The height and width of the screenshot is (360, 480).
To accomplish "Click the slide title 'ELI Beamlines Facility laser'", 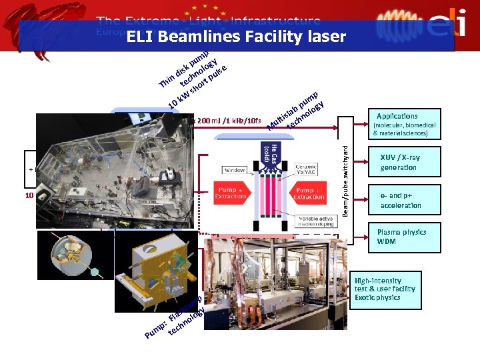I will (237, 37).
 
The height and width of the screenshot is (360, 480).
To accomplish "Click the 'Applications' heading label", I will (397, 116).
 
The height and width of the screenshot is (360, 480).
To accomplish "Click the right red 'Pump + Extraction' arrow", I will (309, 192).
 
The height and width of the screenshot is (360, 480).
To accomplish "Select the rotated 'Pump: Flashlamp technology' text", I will (176, 316).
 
